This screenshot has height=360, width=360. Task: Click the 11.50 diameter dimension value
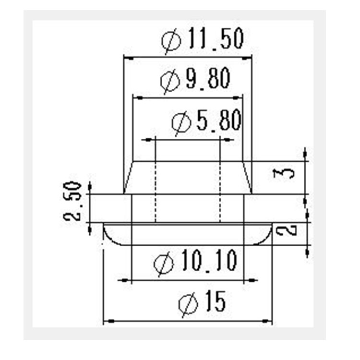tap(216, 39)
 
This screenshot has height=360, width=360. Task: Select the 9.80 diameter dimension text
tap(208, 78)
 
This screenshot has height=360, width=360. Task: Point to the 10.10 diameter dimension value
tap(209, 261)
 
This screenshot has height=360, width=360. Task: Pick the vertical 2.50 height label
tap(72, 201)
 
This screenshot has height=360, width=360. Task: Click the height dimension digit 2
tap(286, 230)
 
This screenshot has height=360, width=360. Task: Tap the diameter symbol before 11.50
tap(171, 41)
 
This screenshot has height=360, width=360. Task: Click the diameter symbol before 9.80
tap(170, 81)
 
